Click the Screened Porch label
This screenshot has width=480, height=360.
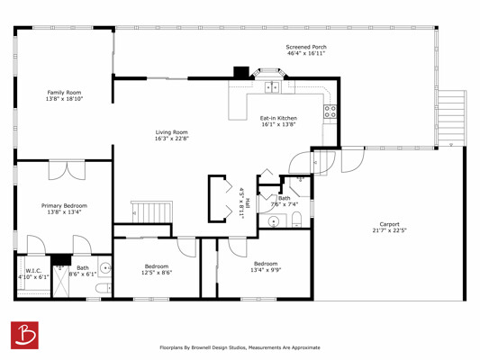[x=306, y=47]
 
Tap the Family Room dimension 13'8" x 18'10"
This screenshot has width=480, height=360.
[x=64, y=99]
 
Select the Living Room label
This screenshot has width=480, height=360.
[x=171, y=132]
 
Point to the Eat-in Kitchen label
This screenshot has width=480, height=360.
[x=278, y=118]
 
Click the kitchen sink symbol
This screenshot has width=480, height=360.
[x=272, y=87]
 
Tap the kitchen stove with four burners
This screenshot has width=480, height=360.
[x=330, y=112]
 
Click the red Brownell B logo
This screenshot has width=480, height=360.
[x=24, y=335]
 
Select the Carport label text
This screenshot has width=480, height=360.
[x=389, y=224]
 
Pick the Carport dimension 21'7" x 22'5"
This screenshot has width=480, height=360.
[x=389, y=230]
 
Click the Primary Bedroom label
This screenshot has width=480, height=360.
[x=64, y=205]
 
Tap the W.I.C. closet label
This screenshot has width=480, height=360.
[x=33, y=271]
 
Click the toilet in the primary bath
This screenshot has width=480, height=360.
[x=104, y=288]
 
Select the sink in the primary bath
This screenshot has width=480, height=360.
[x=105, y=268]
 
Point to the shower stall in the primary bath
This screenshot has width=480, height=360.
[x=61, y=281]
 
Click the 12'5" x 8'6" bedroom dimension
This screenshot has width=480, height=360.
[x=157, y=273]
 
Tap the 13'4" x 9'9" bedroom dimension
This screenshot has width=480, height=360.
[x=266, y=270]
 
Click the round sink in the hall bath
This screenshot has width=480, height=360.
[x=274, y=221]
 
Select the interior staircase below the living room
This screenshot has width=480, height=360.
[x=152, y=212]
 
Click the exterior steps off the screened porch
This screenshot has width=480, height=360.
[x=452, y=119]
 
